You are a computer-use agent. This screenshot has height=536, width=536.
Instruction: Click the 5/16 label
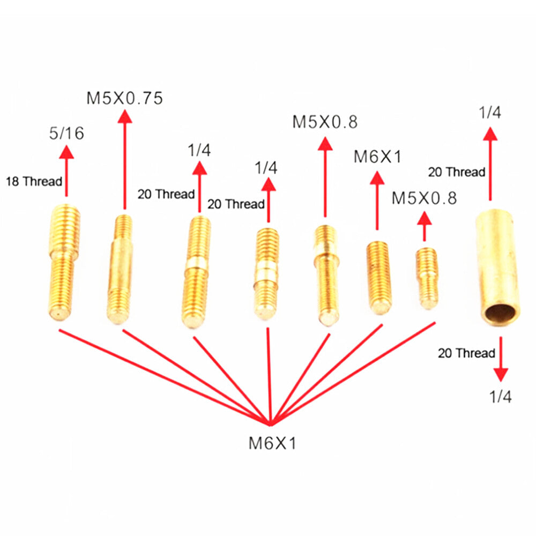[66, 133]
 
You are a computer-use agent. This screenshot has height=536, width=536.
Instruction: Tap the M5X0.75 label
[124, 98]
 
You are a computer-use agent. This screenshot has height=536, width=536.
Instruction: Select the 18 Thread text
[34, 181]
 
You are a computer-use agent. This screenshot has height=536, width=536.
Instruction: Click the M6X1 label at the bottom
[272, 443]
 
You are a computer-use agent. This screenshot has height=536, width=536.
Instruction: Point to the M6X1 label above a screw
[377, 157]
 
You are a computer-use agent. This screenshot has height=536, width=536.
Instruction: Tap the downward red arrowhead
[501, 375]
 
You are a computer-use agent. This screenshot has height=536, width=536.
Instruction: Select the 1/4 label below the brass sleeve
[501, 397]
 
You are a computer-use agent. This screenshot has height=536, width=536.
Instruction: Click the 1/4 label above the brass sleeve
[490, 113]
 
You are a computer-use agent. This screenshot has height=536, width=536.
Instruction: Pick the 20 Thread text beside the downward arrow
[466, 353]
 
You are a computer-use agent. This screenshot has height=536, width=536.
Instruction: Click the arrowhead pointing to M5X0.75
[125, 116]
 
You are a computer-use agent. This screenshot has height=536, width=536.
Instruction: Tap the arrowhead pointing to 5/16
[66, 152]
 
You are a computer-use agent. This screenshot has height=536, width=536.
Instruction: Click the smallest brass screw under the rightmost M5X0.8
[427, 278]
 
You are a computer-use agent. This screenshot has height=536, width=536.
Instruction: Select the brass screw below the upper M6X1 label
[378, 278]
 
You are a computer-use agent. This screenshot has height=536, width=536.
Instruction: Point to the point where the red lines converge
[270, 425]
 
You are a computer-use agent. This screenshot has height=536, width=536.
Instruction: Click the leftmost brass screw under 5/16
[64, 262]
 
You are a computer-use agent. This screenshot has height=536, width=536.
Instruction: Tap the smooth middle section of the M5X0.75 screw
[121, 264]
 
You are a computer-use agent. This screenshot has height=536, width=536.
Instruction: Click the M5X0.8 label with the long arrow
[325, 122]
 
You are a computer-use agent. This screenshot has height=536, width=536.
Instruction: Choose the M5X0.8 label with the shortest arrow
[424, 198]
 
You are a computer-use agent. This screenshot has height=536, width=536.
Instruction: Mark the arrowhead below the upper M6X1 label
[377, 178]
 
